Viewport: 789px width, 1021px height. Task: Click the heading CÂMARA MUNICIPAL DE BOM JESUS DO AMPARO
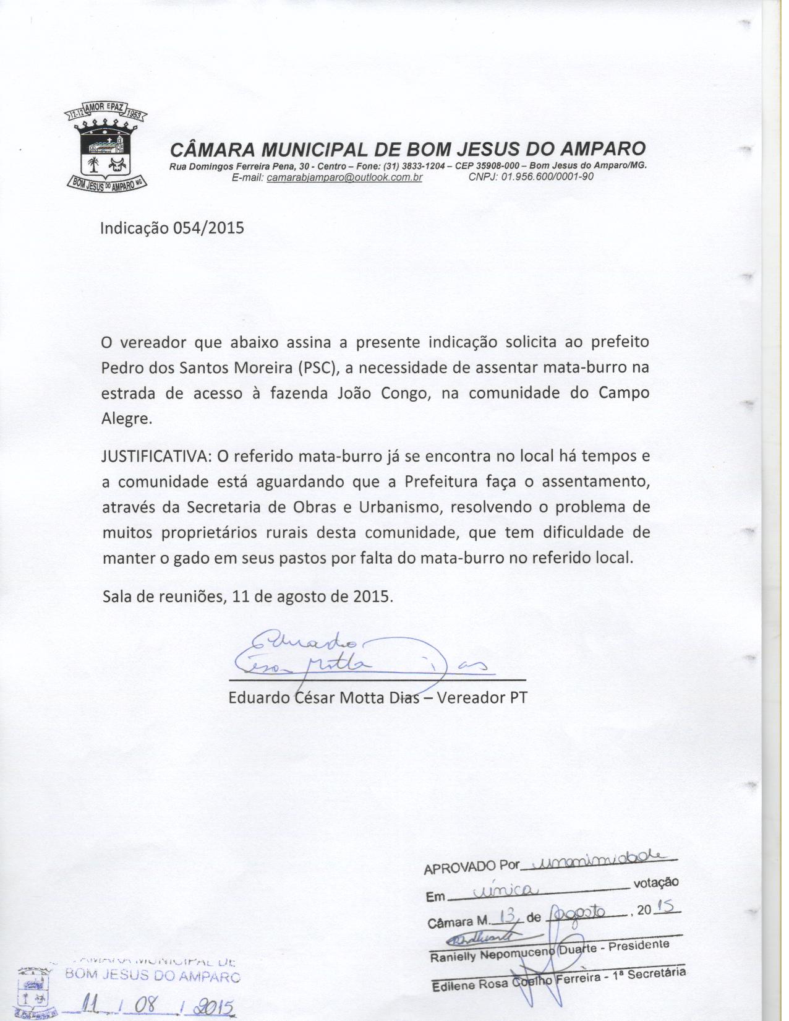[x=407, y=149]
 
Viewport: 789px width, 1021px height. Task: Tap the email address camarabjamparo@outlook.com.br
[x=344, y=178]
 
